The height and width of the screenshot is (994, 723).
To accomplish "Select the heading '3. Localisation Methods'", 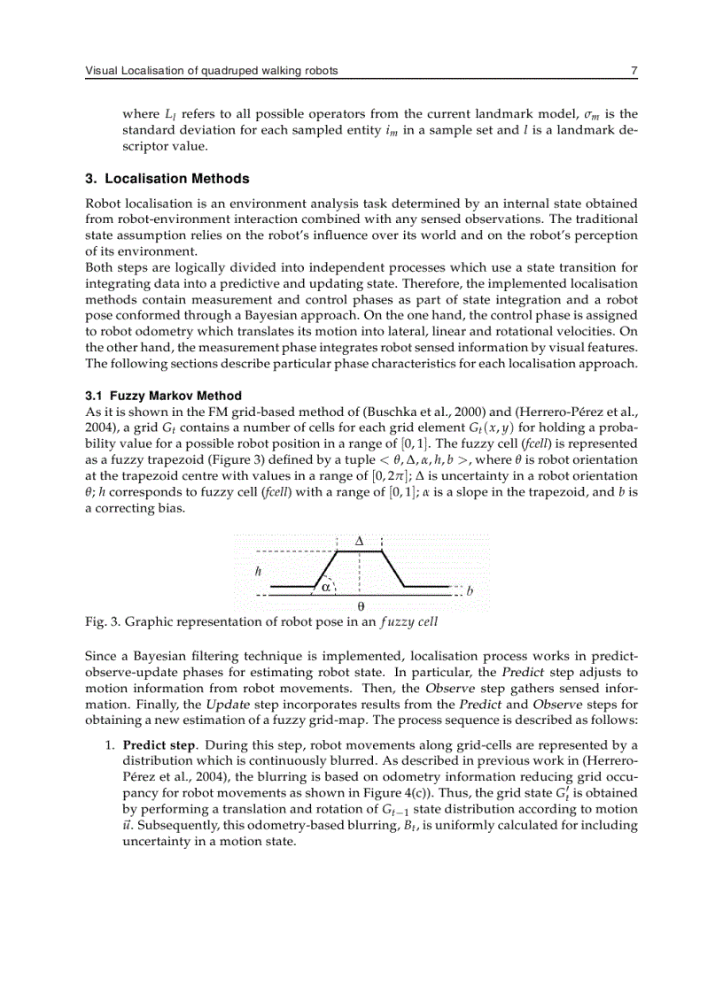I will pos(167,179).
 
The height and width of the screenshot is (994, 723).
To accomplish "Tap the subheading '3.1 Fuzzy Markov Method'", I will pos(163,396).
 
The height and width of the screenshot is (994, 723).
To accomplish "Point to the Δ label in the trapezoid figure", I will pos(359,540).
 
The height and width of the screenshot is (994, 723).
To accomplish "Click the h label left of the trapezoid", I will pos(258,571).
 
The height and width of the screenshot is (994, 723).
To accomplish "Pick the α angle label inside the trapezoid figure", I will pos(325,585).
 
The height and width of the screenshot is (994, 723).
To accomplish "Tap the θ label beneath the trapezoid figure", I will pos(360,607).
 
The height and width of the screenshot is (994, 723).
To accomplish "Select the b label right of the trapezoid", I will pos(470,589).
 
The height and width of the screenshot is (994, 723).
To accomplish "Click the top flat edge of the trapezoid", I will pos(359,551).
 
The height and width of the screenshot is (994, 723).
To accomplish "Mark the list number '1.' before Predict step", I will pos(111,744).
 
